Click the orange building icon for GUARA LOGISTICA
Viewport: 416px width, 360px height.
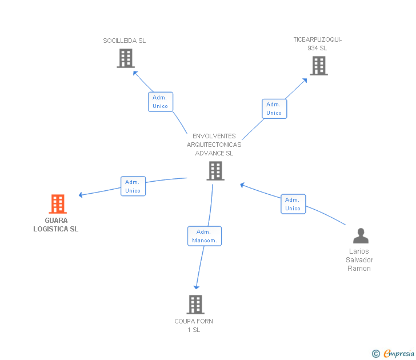(58, 204)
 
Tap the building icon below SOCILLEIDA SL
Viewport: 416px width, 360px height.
(126, 58)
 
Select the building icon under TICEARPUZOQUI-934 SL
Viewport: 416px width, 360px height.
(319, 66)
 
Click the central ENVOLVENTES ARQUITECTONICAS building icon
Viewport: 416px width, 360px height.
(215, 171)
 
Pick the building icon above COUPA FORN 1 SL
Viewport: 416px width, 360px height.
(195, 305)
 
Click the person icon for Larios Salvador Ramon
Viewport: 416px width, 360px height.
(361, 235)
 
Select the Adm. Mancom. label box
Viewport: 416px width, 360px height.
(205, 236)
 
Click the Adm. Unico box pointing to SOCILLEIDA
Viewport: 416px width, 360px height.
(161, 102)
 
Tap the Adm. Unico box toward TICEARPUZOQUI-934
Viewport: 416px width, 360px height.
(274, 109)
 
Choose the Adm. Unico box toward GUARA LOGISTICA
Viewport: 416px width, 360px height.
(133, 186)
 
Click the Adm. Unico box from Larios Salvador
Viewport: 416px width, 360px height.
(293, 204)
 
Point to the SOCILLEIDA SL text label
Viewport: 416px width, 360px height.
(125, 41)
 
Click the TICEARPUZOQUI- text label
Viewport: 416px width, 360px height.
(318, 39)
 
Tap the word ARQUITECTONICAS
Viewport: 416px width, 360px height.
(214, 145)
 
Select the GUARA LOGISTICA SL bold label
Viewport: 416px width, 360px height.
(56, 225)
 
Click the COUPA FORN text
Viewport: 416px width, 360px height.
(194, 321)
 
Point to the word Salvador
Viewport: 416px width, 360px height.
(359, 260)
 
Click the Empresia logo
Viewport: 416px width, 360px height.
(393, 354)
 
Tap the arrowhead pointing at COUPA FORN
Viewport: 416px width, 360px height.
(197, 287)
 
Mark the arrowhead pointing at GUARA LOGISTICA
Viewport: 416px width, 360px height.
(81, 195)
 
